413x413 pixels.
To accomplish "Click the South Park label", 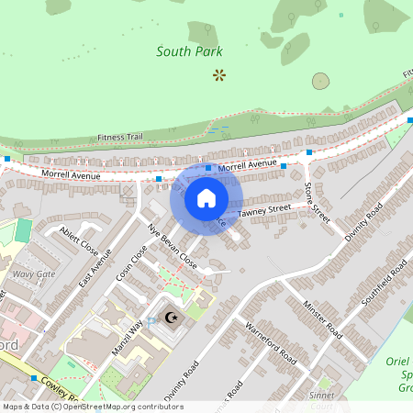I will [189, 51].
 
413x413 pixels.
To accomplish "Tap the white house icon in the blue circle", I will [206, 198].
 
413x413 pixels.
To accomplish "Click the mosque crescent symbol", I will [169, 318].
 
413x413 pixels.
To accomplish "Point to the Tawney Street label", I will [264, 210].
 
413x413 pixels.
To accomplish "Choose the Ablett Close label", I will [78, 240].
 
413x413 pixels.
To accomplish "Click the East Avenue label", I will [95, 267].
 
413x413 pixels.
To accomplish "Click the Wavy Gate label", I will [33, 274].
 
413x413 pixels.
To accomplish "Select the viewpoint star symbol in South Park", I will [218, 73].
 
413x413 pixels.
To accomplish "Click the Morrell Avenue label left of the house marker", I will [69, 173].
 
